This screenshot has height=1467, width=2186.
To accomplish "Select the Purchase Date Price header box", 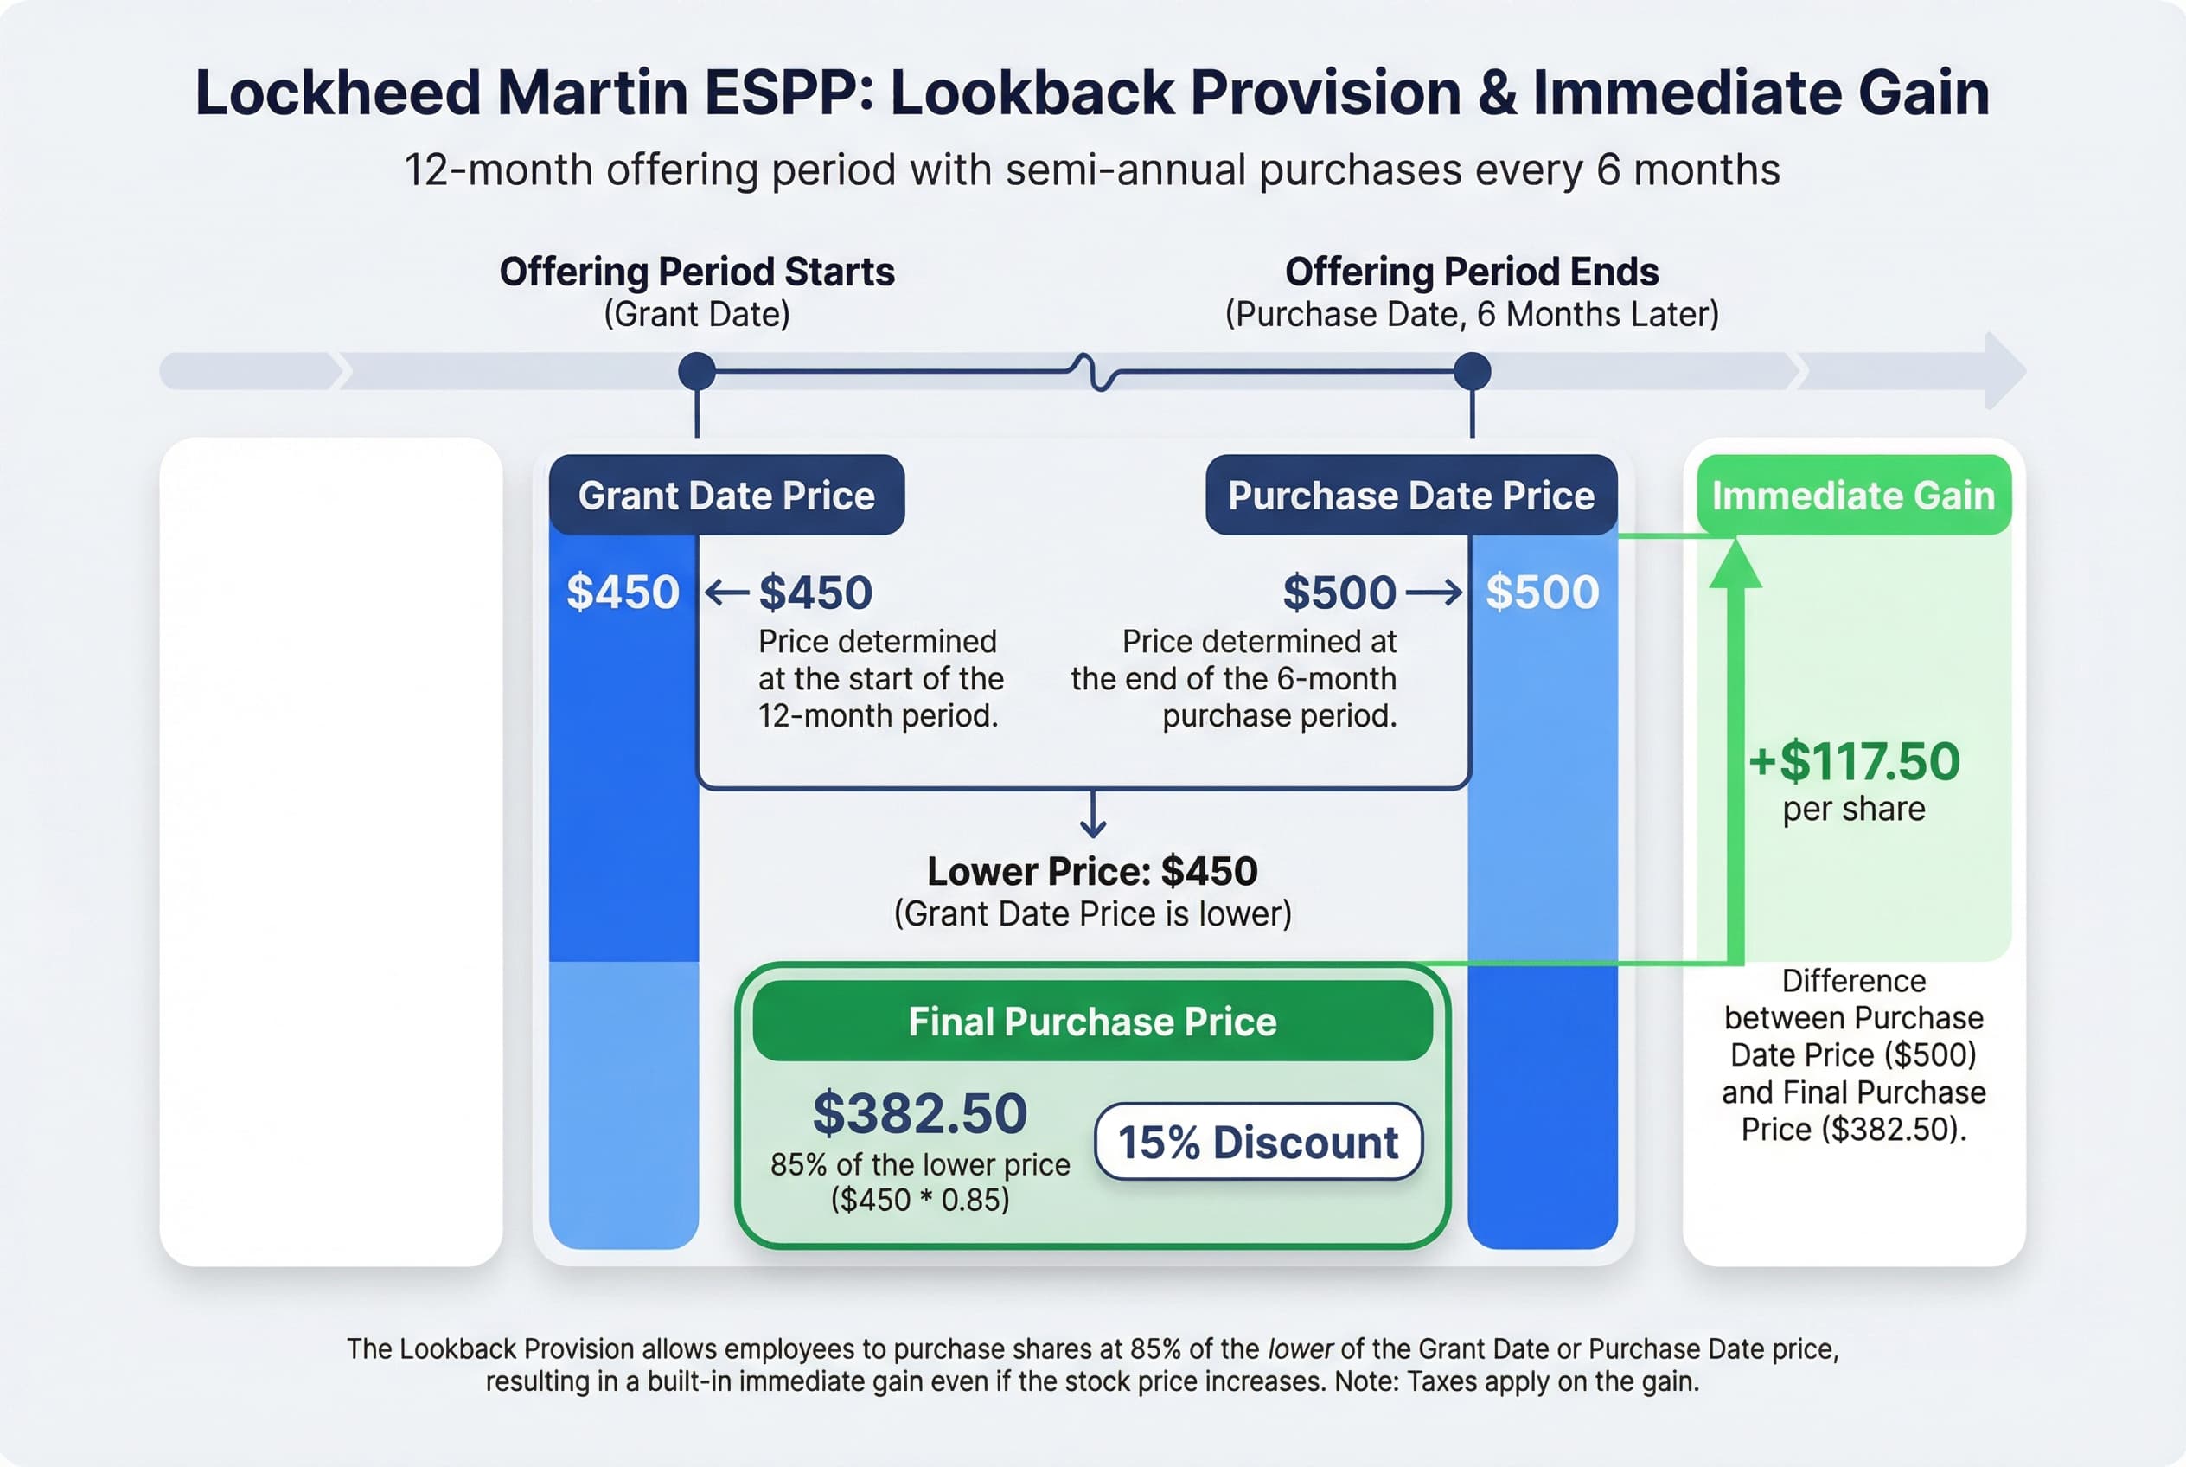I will [x=1410, y=495].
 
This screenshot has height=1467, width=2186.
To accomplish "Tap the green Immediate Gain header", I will [x=1853, y=495].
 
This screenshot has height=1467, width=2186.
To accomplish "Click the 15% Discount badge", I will [x=1258, y=1143].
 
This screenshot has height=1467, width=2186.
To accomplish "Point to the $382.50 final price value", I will [x=919, y=1113].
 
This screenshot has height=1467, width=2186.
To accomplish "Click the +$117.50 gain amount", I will [x=1854, y=760].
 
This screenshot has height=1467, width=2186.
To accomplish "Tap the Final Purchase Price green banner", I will [x=1091, y=1022].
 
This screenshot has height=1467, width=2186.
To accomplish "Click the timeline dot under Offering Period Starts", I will [x=697, y=371].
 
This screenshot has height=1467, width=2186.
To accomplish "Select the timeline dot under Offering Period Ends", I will [x=1472, y=371].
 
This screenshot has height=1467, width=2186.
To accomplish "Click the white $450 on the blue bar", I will [x=623, y=593].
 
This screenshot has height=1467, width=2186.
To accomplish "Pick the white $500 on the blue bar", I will [x=1542, y=593].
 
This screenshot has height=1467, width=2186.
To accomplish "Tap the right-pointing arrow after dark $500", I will [x=1433, y=593].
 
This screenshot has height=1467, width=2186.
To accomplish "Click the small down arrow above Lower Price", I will [x=1092, y=815].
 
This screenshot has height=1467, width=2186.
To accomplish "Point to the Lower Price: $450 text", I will [x=1091, y=871].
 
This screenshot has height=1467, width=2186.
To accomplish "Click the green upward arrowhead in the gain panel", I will [x=1735, y=564].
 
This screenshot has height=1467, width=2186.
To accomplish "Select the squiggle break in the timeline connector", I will [x=1092, y=371].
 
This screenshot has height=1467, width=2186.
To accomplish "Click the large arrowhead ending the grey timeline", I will [x=2004, y=370].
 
